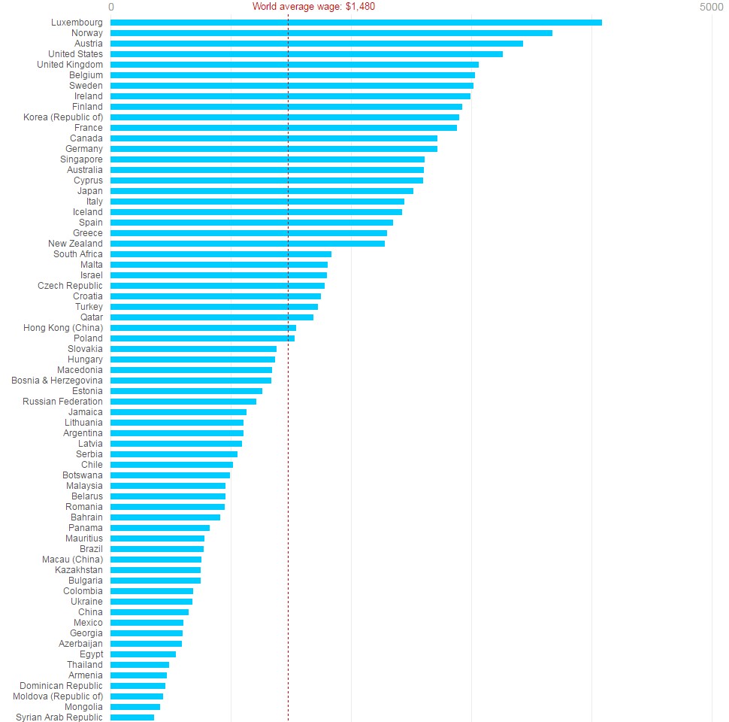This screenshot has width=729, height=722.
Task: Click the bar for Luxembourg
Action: [356, 23]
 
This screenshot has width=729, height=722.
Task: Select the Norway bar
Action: [331, 33]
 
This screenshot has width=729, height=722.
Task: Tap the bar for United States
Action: [307, 54]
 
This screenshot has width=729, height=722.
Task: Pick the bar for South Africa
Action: [221, 254]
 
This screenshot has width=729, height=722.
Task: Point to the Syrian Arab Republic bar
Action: [132, 717]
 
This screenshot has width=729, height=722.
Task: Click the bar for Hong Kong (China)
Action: [203, 328]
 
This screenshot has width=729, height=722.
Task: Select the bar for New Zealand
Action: [248, 244]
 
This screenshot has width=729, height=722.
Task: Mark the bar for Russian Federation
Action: [183, 402]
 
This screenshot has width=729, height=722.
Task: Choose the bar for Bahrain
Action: [165, 517]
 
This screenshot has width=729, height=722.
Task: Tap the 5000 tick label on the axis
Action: [712, 7]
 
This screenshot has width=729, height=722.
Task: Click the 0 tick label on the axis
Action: [111, 7]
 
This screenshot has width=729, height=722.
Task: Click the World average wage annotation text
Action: [313, 7]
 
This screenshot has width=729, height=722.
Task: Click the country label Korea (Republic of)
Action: [63, 117]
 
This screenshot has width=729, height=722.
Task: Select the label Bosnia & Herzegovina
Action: [57, 381]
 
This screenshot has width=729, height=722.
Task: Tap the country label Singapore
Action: [81, 159]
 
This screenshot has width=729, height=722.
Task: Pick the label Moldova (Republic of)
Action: [58, 696]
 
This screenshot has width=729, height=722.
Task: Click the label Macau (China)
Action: [72, 560]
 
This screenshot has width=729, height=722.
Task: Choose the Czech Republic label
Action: [70, 286]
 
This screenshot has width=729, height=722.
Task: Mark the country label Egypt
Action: [91, 654]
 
